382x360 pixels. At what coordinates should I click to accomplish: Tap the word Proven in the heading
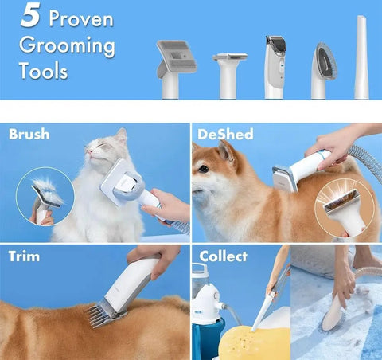pos(80,18)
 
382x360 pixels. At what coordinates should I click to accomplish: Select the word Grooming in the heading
pos(67,45)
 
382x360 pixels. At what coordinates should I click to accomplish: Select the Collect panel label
pos(223,257)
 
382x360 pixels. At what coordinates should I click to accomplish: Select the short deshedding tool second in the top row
pos(229,68)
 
